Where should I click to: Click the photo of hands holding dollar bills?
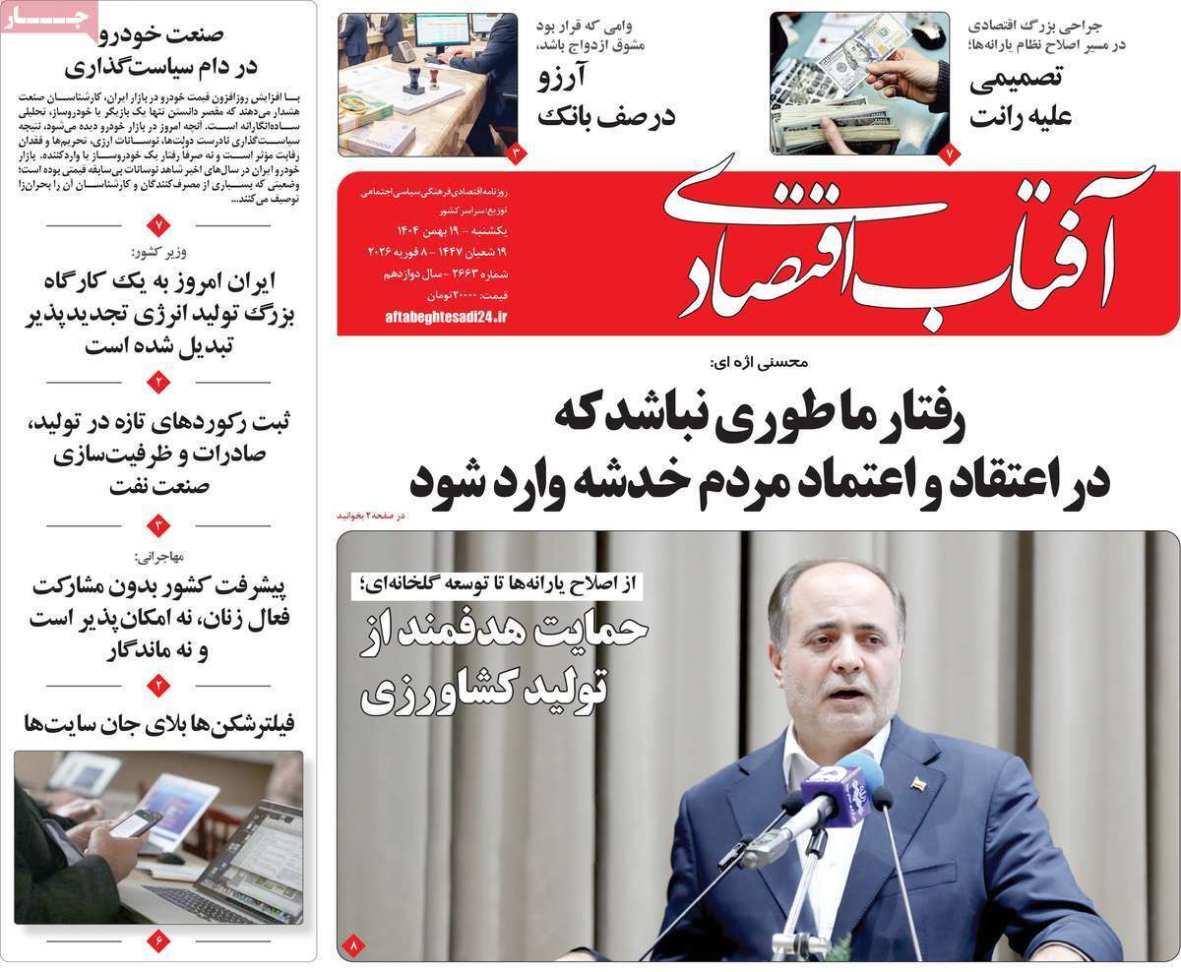pyautogui.click(x=859, y=84)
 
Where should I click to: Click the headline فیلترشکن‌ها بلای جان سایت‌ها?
pyautogui.click(x=161, y=726)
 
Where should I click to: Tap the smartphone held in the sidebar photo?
pyautogui.click(x=136, y=822)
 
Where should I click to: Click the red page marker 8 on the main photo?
pyautogui.click(x=352, y=946)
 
